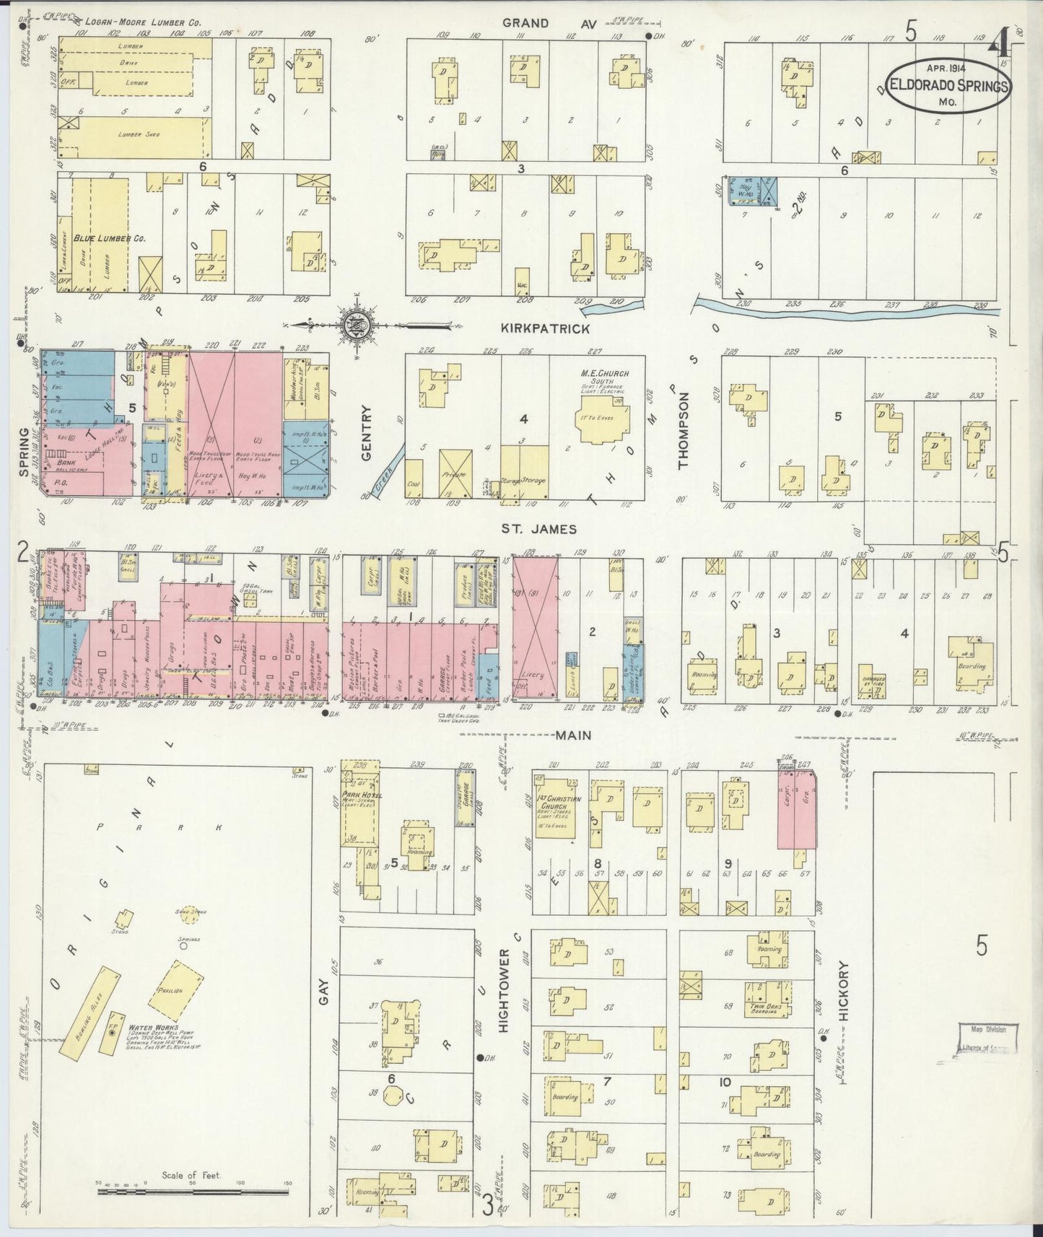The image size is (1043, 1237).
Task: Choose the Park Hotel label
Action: click(x=362, y=795)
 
